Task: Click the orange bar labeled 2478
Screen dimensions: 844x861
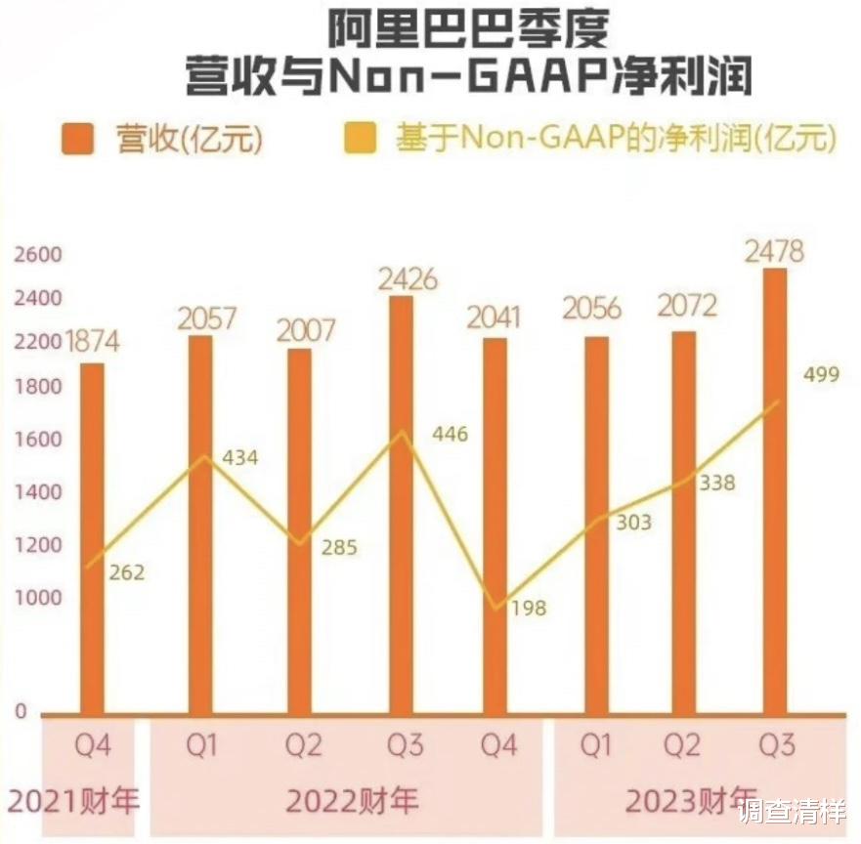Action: click(774, 488)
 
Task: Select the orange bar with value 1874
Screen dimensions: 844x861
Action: click(92, 537)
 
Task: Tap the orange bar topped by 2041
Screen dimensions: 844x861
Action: click(495, 527)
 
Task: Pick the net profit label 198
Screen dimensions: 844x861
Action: click(528, 609)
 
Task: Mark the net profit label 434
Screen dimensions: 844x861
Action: click(239, 456)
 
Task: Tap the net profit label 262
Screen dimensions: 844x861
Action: click(126, 572)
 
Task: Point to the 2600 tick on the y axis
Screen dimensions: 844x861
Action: click(37, 255)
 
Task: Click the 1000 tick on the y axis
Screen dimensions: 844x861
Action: click(37, 598)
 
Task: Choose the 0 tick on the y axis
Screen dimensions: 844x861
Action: click(21, 711)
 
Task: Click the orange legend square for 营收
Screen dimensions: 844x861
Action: click(77, 139)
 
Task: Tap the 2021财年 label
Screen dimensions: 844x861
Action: click(73, 802)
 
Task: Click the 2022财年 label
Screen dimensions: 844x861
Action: click(352, 802)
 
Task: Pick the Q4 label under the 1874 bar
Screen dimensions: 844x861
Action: click(93, 747)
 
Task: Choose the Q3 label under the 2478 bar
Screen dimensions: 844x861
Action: click(777, 747)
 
